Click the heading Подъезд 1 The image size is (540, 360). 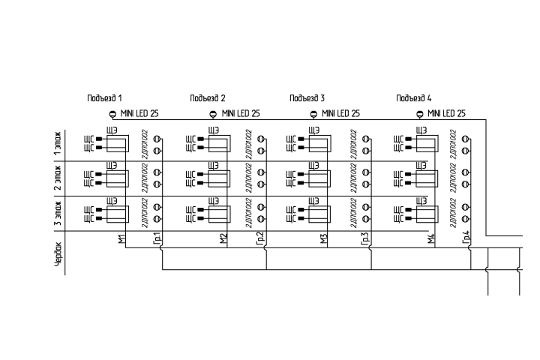click(104, 98)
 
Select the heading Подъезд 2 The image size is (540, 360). click(208, 98)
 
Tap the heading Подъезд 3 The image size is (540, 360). click(307, 98)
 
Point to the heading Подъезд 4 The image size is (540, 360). click(414, 98)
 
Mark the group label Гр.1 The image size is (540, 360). click(157, 238)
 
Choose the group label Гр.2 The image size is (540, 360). click(260, 238)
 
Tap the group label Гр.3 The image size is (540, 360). click(365, 238)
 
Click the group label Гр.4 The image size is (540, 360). click(466, 238)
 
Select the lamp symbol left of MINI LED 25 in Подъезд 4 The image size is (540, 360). click(419, 114)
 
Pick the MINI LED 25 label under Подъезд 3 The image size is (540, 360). click(340, 114)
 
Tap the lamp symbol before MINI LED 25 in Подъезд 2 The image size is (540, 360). click(212, 114)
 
